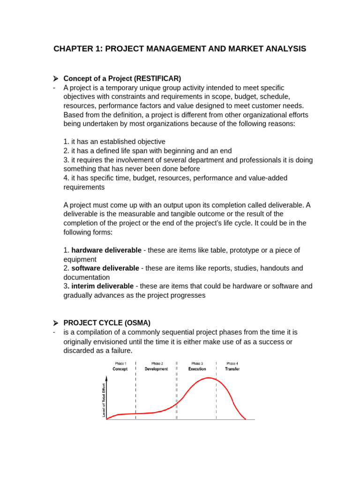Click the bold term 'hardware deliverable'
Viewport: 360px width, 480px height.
[106, 250]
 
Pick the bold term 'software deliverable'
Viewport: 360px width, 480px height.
[105, 268]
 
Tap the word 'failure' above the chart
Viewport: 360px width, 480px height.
[120, 351]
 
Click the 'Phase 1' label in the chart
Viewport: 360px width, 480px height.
[120, 363]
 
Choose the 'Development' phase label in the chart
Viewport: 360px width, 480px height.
[156, 369]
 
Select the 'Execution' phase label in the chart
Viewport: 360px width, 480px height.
[197, 369]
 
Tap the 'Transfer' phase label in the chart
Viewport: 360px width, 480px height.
[232, 369]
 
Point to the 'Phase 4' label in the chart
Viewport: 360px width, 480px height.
[232, 363]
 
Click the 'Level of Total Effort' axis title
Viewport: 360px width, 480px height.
[103, 400]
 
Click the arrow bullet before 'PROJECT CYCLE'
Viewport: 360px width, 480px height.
[55, 323]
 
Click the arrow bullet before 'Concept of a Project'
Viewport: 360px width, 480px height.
[55, 78]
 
